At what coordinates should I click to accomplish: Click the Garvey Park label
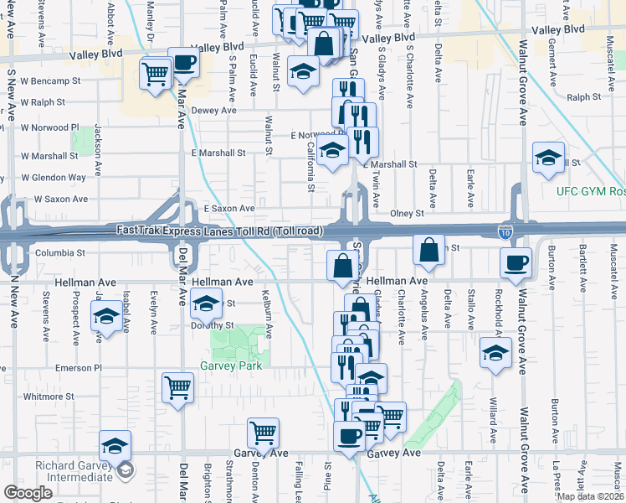[x=231, y=366]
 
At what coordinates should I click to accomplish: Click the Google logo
[x=28, y=493]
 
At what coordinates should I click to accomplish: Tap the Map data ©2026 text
[x=589, y=496]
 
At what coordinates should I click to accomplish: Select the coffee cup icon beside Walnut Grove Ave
[x=516, y=263]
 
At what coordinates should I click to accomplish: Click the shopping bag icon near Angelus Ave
[x=428, y=251]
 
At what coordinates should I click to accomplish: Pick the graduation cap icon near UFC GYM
[x=548, y=158]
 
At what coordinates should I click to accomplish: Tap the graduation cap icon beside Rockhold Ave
[x=496, y=353]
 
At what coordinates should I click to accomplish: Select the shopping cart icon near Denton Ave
[x=263, y=433]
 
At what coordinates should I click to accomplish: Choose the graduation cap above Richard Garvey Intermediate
[x=115, y=445]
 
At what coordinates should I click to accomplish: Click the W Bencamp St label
[x=51, y=82]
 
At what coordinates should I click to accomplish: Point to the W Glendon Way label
[x=54, y=178]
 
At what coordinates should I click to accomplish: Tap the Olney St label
[x=408, y=214]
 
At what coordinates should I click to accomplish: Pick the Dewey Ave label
[x=214, y=110]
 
